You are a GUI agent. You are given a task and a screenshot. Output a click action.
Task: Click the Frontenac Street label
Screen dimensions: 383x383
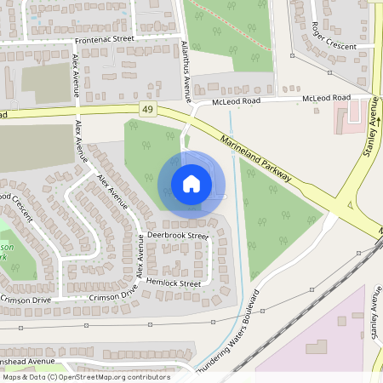(x=104, y=39)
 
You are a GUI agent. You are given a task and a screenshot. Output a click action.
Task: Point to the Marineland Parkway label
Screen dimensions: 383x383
(x=255, y=159)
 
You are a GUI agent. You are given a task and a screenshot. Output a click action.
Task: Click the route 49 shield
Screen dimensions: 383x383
(x=149, y=109)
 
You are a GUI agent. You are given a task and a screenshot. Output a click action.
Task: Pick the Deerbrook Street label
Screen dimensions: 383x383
(x=177, y=234)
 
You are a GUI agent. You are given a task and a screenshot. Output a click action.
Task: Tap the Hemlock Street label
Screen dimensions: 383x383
(x=174, y=283)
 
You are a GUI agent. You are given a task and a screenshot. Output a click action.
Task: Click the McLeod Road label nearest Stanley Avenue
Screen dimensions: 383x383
(x=327, y=99)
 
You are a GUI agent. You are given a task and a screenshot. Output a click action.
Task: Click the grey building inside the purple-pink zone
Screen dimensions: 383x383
(x=316, y=348)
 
